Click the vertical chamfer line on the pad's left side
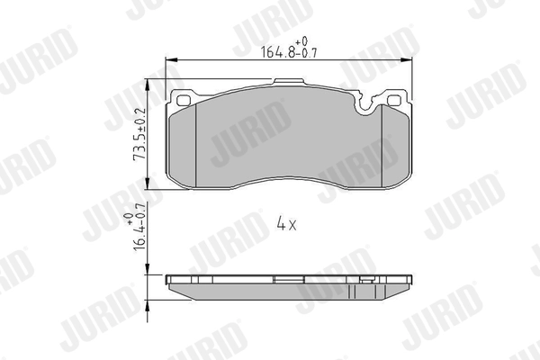click(198, 144)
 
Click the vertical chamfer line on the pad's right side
click(384, 144)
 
